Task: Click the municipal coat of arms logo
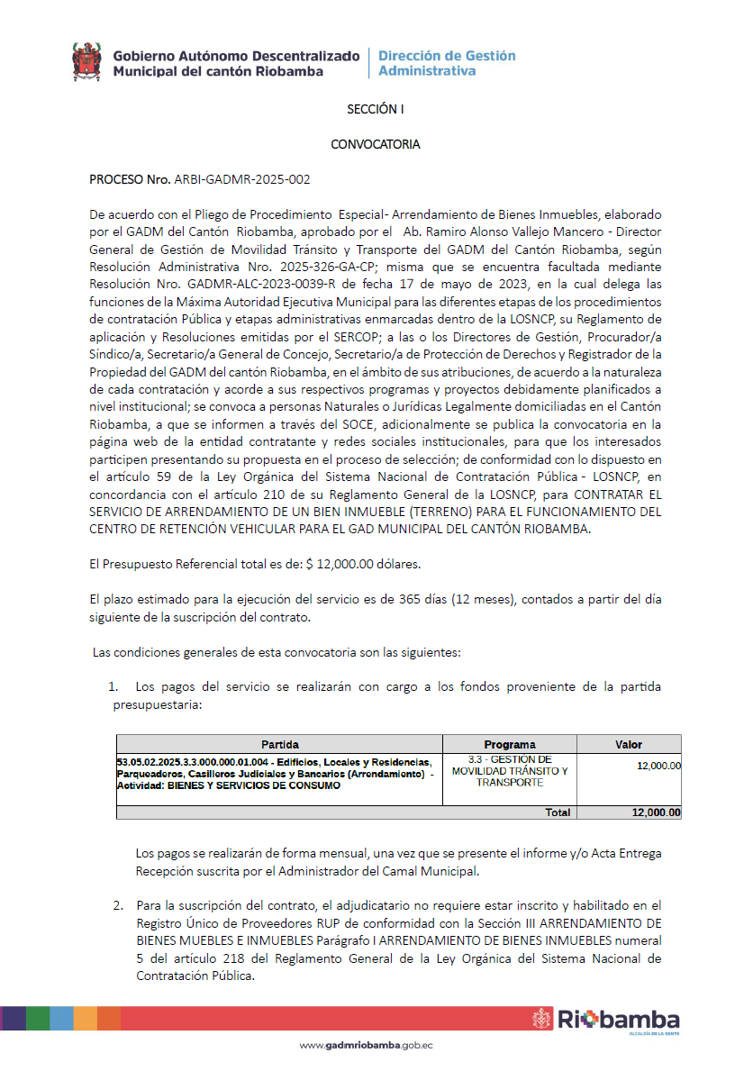tap(86, 61)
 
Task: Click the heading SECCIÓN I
tap(376, 109)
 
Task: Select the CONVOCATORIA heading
tap(376, 144)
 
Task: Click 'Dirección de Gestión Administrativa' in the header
tap(447, 62)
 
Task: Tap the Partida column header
tap(279, 745)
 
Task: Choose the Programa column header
tap(509, 745)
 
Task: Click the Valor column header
tap(628, 745)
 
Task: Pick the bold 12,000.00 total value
tap(656, 812)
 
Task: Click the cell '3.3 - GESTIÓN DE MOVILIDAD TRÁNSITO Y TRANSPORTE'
tap(509, 771)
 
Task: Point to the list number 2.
tap(118, 904)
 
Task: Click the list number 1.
tap(113, 687)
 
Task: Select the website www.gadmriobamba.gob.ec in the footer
tap(367, 1046)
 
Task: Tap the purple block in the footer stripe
tap(14, 1018)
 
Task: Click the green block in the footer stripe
tap(38, 1018)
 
